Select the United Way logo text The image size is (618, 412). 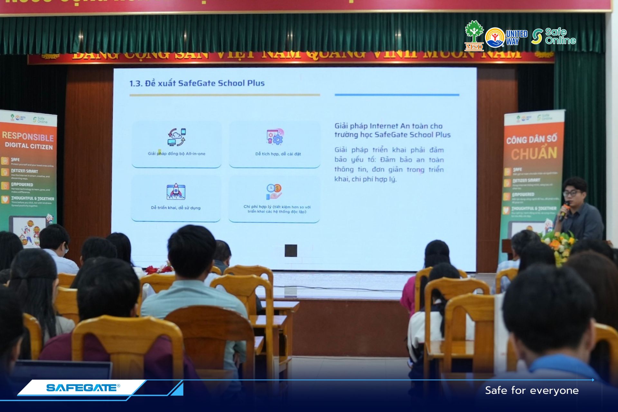coord(516,37)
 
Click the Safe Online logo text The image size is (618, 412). coord(560,36)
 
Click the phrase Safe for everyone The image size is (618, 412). coord(532,390)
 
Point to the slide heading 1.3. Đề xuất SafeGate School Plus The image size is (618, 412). coord(197,83)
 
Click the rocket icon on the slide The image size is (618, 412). coord(176,192)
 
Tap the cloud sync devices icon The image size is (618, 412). coord(176,137)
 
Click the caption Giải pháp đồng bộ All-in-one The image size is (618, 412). coord(176,154)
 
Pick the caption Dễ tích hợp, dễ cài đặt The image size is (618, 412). coord(278,154)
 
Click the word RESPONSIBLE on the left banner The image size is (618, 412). coord(28,136)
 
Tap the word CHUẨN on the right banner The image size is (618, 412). coord(534,154)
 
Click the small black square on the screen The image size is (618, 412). coord(291,251)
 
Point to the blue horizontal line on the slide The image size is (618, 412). coord(397,95)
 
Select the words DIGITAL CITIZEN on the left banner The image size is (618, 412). coord(29,146)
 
